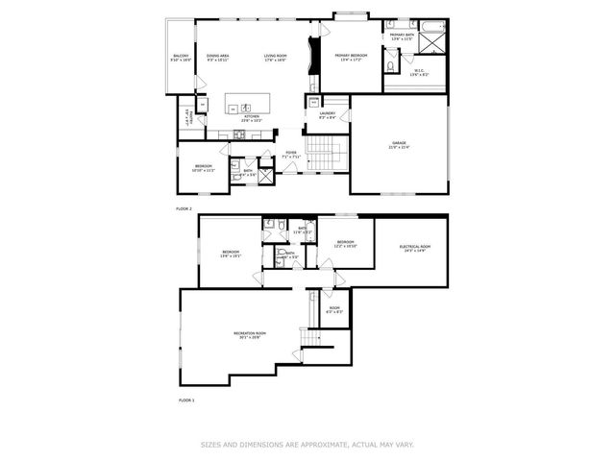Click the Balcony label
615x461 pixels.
pos(181,58)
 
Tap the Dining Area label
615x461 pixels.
pos(217,58)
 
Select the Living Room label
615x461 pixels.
pos(276,58)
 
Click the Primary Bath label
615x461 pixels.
pos(402,36)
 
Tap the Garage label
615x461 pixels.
pos(398,145)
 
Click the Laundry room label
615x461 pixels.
pos(327,115)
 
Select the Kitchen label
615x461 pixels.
pos(252,118)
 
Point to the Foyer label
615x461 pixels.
pos(290,155)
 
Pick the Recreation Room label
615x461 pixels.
pos(249,334)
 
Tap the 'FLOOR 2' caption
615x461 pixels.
pos(184,208)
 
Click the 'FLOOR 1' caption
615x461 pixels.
pos(186,399)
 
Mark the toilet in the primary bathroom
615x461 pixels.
pos(389,57)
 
